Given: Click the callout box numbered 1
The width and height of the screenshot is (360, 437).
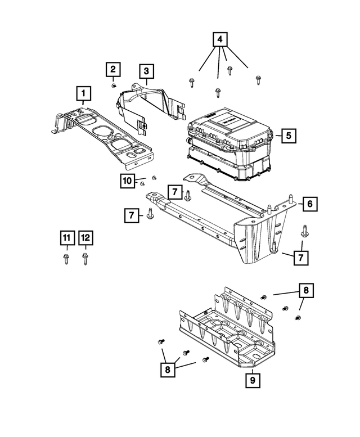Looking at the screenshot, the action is (84, 93).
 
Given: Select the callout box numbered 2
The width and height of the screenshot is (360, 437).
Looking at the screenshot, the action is (113, 69).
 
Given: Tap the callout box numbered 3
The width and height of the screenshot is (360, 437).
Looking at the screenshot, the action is (147, 71).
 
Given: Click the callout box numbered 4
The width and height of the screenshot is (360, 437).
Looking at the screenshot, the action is (220, 39).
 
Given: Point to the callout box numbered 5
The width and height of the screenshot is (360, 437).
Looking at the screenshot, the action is (289, 136).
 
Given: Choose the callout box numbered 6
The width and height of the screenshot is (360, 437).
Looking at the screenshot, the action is (310, 204).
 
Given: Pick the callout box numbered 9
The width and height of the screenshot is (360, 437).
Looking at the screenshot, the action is (253, 380).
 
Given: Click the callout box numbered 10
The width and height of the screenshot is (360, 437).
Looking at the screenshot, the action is (127, 181).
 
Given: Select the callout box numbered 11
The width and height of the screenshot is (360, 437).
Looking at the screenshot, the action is (67, 238).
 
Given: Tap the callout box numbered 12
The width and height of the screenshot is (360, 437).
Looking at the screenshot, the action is (85, 238).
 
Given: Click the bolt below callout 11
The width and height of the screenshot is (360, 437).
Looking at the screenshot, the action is (66, 259).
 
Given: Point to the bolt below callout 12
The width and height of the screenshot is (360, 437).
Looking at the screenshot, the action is (85, 259).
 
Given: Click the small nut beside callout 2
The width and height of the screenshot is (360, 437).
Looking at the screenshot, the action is (114, 86).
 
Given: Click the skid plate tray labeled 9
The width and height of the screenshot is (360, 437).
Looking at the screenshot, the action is (227, 327).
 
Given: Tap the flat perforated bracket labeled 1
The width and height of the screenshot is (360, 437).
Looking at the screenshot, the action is (103, 137).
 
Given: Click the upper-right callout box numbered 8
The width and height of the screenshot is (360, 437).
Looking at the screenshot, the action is (306, 290).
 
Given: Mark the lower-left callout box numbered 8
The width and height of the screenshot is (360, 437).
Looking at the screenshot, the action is (168, 370).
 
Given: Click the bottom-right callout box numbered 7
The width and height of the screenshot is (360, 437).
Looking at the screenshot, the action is (301, 258).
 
